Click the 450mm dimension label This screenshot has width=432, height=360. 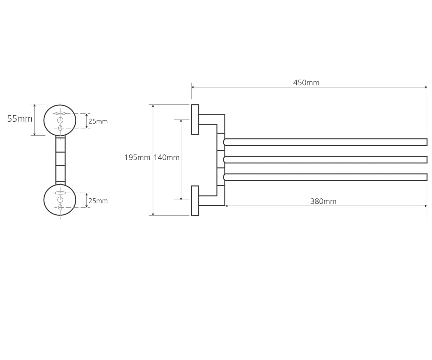306,83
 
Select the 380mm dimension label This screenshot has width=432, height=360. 323,201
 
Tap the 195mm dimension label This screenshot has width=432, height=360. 137,157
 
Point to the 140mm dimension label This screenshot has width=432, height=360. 166,157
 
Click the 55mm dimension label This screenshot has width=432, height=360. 20,119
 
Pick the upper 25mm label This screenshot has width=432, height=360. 98,121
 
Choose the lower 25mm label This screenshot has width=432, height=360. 98,201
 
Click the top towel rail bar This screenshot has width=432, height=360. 325,142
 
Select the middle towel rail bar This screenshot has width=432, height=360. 325,160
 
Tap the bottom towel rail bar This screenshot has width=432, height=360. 325,177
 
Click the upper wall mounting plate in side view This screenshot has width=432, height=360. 195,120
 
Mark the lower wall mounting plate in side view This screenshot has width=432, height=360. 195,201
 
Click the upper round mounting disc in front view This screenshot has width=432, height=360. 44,120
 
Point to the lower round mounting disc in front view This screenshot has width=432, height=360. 44,200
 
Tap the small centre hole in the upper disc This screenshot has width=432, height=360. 60,120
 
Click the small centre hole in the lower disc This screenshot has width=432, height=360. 60,199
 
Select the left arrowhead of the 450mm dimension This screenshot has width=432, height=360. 193,87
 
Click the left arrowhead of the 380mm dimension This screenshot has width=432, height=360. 226,206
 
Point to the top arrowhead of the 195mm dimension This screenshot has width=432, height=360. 153,106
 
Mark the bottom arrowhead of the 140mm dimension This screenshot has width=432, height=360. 181,199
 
